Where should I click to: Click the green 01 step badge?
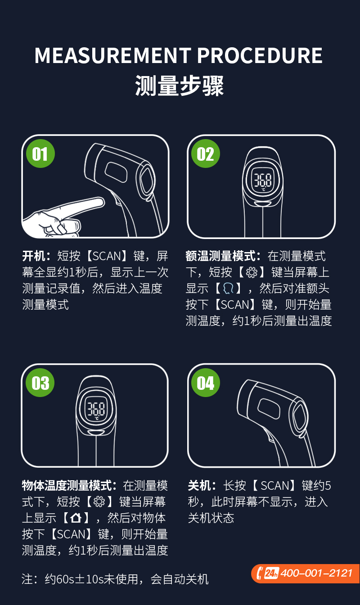pos(40,154)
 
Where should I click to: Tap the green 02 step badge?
pos(206,154)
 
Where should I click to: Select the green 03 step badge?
pos(40,383)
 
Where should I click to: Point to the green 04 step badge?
pos(206,383)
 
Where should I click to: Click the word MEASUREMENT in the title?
pos(113,56)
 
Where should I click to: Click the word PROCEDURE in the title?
pos(260,56)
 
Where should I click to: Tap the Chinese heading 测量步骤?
pos(180,86)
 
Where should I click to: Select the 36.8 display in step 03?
pos(96,409)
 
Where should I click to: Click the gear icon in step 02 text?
pos(252,272)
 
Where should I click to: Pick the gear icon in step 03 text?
pos(99,502)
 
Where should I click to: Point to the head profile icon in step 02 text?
pos(228,289)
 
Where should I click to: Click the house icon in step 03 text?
pos(76,518)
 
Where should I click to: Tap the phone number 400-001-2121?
pos(316,573)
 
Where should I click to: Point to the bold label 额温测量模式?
pos(220,256)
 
